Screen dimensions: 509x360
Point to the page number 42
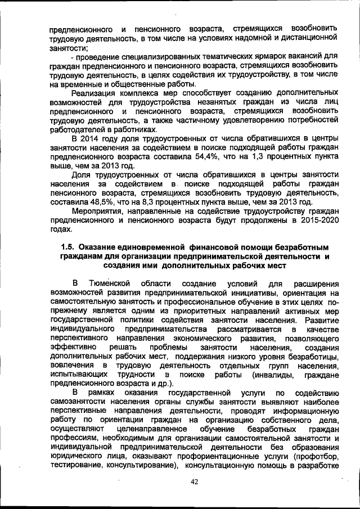[195, 481]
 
